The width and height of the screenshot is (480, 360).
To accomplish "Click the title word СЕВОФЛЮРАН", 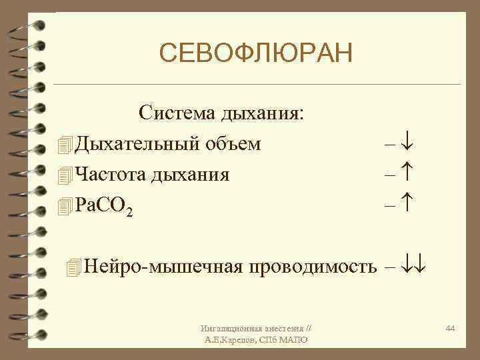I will (x=256, y=53).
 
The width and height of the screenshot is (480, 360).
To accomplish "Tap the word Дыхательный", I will (x=135, y=143).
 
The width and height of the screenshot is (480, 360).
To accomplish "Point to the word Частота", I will (x=111, y=175).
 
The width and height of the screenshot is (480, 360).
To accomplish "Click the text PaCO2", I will (x=103, y=205).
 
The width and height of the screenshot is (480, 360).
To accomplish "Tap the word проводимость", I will (x=313, y=267).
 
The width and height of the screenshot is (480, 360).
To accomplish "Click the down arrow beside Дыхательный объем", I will (x=409, y=143).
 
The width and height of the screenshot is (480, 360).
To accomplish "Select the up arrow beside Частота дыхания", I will (x=409, y=175).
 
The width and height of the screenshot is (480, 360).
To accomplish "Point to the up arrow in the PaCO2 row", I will (x=409, y=205).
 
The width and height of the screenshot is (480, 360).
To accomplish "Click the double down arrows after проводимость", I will (x=415, y=267).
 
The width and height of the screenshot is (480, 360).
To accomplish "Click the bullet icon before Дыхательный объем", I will (x=64, y=144).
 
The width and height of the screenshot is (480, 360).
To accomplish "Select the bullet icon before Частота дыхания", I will (x=64, y=175).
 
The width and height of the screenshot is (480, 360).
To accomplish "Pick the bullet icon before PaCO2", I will (x=64, y=206).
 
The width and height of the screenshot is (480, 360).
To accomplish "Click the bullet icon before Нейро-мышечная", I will (x=73, y=267).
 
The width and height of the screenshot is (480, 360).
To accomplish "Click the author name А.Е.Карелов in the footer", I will (x=235, y=340).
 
